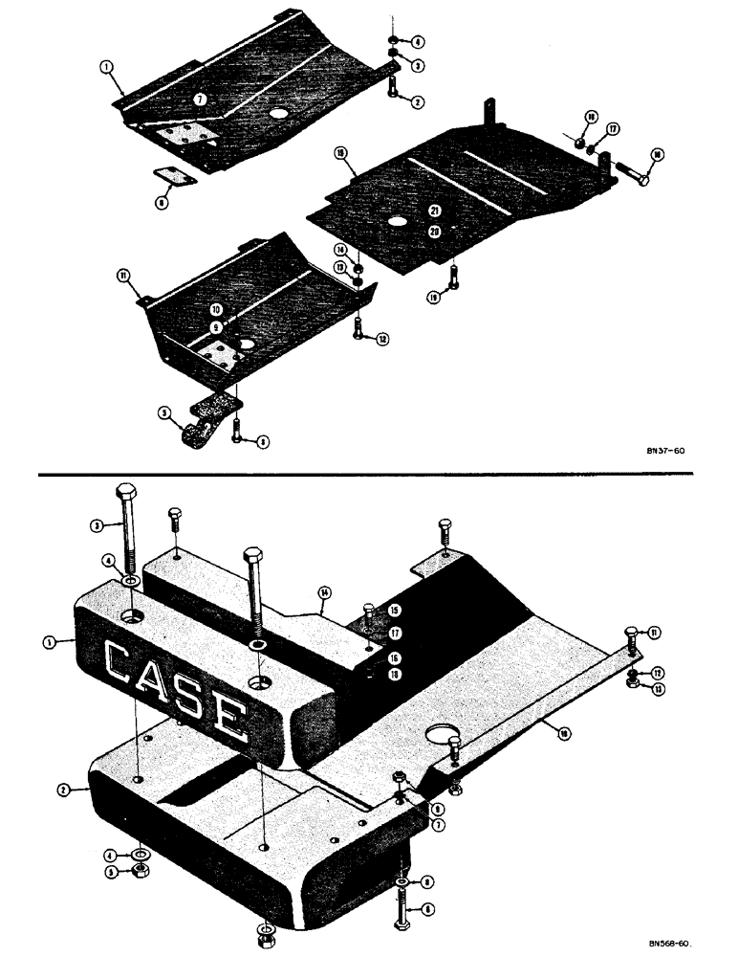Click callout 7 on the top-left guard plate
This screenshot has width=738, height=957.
tap(199, 99)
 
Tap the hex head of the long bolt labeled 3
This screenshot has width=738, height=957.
tap(126, 495)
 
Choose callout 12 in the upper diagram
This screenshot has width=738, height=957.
tap(383, 339)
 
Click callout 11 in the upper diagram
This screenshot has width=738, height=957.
tap(122, 275)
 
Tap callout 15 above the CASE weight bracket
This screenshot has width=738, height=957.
tap(394, 610)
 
